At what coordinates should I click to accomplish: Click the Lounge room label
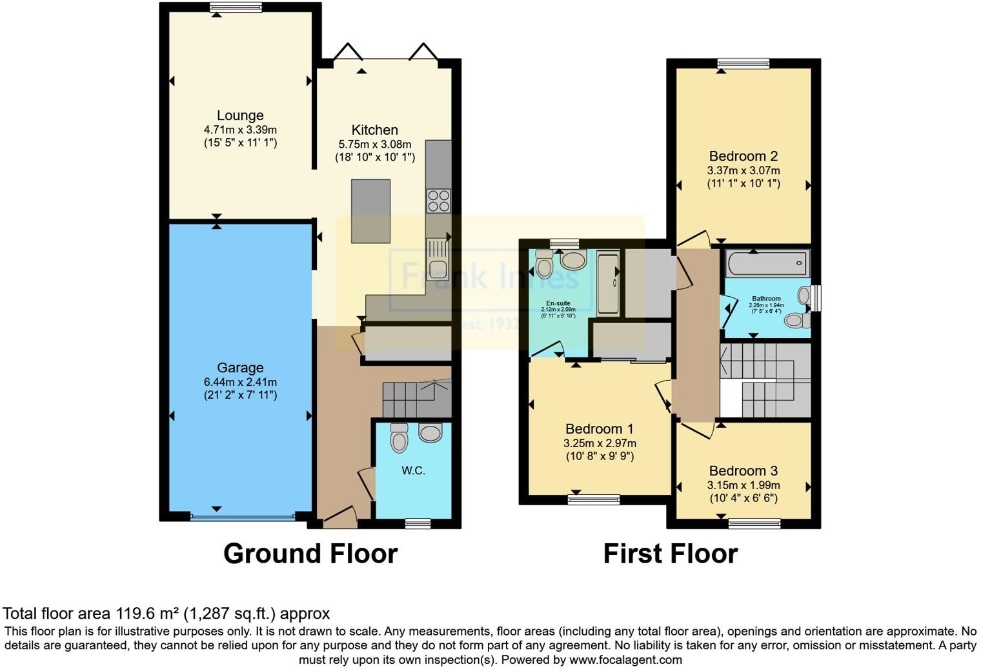[x=240, y=115]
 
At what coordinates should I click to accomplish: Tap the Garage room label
[x=240, y=368]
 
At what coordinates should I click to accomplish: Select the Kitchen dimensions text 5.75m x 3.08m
[x=374, y=144]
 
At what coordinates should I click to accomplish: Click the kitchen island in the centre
[x=370, y=211]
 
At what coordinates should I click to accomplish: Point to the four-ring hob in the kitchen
[x=438, y=200]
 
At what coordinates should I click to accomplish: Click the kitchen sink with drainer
[x=438, y=259]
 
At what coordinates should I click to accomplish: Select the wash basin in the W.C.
[x=430, y=432]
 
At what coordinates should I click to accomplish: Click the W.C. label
[x=413, y=470]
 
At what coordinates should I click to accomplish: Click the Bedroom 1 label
[x=599, y=429]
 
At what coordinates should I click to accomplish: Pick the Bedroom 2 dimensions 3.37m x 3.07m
[x=743, y=170]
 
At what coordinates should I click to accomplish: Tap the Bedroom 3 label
[x=743, y=471]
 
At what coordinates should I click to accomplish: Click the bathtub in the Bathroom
[x=767, y=263]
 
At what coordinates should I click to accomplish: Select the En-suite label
[x=558, y=303]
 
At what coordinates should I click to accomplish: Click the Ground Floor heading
[x=310, y=554]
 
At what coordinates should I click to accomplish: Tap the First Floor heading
[x=670, y=554]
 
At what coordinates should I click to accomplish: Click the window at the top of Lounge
[x=236, y=8]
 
